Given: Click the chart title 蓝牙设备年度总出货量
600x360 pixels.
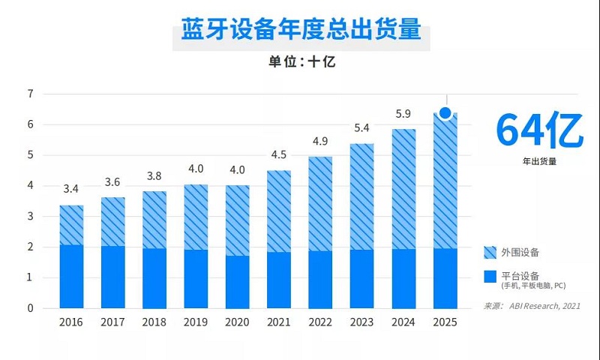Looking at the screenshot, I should pyautogui.click(x=301, y=32).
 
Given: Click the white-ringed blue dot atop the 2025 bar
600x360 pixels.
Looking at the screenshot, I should pyautogui.click(x=445, y=113).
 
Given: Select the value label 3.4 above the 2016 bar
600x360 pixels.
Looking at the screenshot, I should pyautogui.click(x=71, y=188).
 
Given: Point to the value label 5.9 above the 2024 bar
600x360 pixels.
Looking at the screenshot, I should pyautogui.click(x=403, y=114).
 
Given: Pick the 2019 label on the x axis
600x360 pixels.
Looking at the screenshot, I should pyautogui.click(x=196, y=322).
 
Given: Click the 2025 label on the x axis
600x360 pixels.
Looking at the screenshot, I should pyautogui.click(x=445, y=322).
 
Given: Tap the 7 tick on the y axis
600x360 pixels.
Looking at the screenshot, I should pyautogui.click(x=31, y=94).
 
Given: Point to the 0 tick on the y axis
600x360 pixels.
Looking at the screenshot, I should pyautogui.click(x=31, y=307).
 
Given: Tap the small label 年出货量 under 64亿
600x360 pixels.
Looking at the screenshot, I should pyautogui.click(x=538, y=160).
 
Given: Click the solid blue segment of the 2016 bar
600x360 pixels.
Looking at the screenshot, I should pyautogui.click(x=71, y=277).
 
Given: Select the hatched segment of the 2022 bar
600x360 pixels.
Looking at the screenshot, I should pyautogui.click(x=321, y=204).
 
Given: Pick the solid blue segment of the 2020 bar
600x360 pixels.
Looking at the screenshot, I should pyautogui.click(x=238, y=282).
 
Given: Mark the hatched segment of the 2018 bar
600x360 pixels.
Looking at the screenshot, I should pyautogui.click(x=154, y=220).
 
